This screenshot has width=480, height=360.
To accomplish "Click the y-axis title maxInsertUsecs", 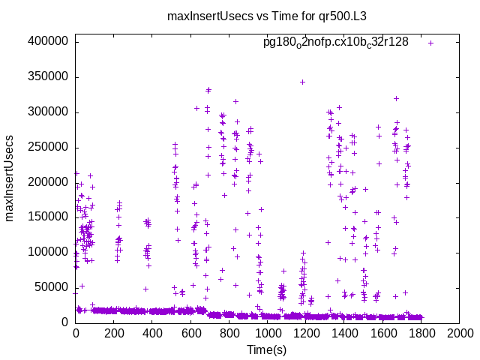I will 10,178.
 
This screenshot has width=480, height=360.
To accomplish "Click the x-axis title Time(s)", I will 267,349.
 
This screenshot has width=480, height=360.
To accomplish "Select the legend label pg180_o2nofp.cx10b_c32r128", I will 335,42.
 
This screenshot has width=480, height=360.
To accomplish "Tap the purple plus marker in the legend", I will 431,43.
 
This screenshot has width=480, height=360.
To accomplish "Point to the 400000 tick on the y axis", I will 50,42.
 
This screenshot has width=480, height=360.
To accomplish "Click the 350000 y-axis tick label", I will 50,76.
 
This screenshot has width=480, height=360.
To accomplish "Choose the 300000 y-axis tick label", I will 50,112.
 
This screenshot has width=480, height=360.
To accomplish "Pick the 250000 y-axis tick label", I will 50,147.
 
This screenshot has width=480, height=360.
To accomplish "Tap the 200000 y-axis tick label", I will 50,181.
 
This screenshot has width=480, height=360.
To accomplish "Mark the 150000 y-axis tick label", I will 50,217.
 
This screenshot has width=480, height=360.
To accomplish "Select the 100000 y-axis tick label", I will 50,252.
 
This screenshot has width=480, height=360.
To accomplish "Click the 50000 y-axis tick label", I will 53,286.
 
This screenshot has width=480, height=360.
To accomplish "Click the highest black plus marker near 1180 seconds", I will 302,82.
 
